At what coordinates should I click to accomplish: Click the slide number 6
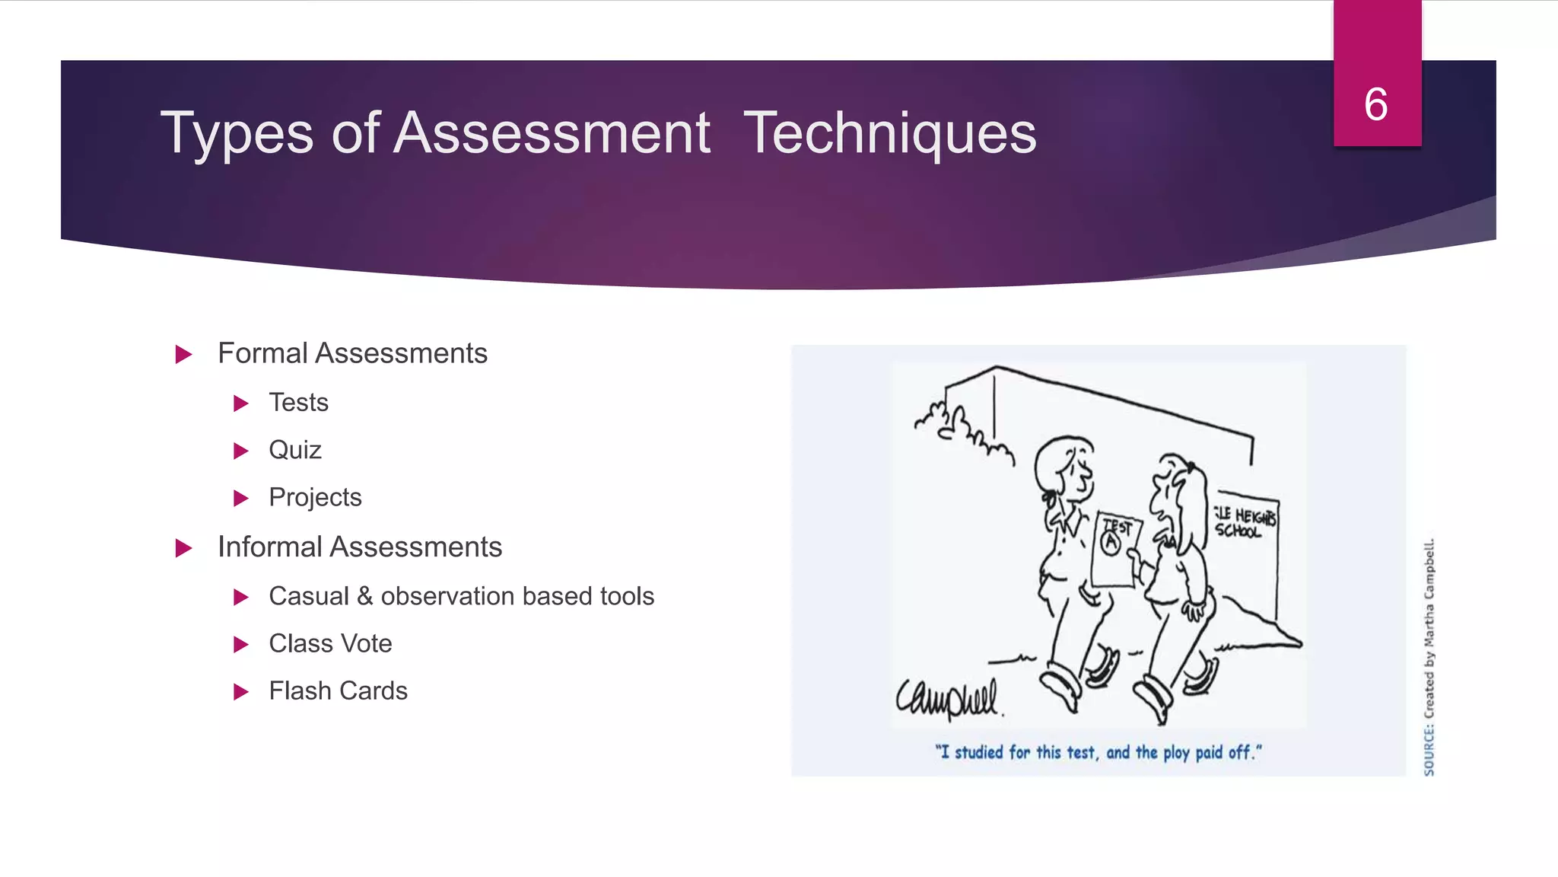1375,104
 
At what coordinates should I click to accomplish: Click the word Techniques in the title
889,133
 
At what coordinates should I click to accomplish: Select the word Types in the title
237,133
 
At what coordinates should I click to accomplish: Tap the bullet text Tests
298,402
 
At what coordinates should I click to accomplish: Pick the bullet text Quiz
295,450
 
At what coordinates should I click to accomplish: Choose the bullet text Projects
315,497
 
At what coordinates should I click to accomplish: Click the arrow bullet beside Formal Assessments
183,354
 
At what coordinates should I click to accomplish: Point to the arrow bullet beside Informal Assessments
183,548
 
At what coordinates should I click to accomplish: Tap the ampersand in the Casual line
364,596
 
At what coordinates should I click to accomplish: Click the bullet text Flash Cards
338,690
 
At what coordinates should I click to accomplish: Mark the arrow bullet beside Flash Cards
241,692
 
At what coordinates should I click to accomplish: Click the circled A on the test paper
1111,542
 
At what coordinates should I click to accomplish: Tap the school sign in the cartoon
1245,521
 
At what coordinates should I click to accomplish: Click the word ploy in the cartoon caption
1176,753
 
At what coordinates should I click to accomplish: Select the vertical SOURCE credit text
1429,657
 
